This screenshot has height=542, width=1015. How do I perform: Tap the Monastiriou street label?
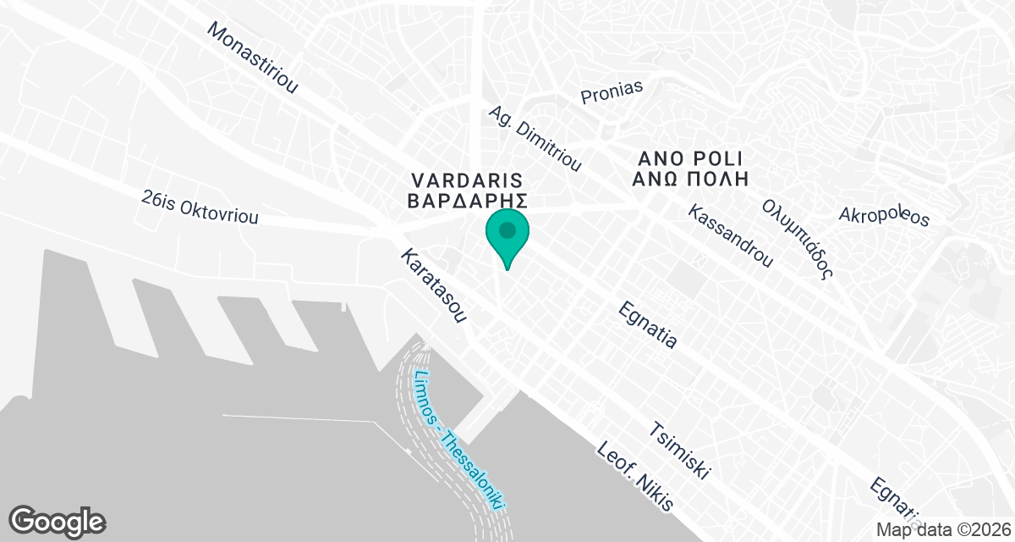(252, 57)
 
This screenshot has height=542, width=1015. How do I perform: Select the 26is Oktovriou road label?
(200, 206)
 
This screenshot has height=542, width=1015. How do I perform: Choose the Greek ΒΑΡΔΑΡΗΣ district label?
(468, 202)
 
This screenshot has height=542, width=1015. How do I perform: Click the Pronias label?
(612, 91)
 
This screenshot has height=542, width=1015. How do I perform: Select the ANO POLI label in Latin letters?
(690, 158)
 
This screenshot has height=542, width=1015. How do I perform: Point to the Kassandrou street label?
(731, 235)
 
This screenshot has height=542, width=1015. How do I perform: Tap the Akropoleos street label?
(884, 216)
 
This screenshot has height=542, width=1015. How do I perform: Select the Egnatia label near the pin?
(649, 324)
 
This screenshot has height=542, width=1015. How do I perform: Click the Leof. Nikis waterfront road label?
(634, 478)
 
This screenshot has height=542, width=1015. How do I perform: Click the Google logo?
(57, 520)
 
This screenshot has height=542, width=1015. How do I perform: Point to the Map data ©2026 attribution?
(942, 528)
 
